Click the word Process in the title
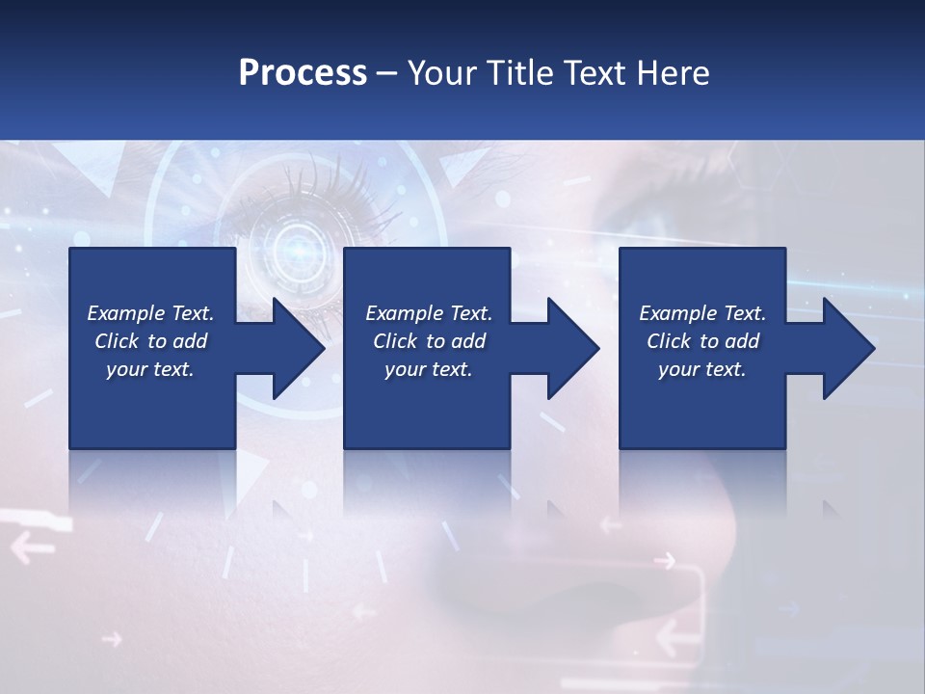point(303,73)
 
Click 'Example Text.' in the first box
point(150,313)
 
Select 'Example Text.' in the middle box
point(429,313)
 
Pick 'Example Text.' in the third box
point(702,313)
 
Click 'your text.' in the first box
point(150,369)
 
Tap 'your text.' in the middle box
point(429,369)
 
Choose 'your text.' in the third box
point(702,369)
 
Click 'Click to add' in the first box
point(150,341)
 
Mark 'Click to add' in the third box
point(702,341)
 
